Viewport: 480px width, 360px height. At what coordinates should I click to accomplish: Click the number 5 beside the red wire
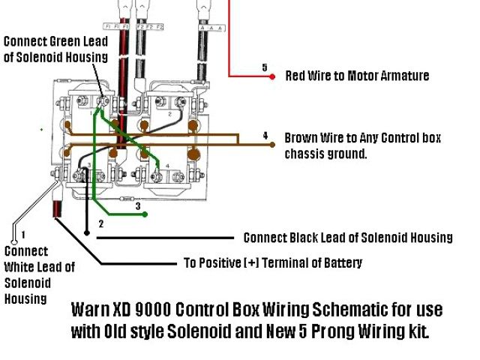point(265,67)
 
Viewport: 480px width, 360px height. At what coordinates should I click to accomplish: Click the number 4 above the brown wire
point(265,135)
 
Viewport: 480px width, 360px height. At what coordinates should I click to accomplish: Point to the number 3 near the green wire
point(137,205)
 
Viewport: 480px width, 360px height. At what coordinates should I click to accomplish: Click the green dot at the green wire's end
point(145,214)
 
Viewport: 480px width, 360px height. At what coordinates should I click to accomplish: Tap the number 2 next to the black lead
point(102,223)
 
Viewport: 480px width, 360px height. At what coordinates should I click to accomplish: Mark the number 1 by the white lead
point(23,235)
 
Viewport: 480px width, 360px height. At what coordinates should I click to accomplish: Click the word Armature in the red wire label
point(400,76)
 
